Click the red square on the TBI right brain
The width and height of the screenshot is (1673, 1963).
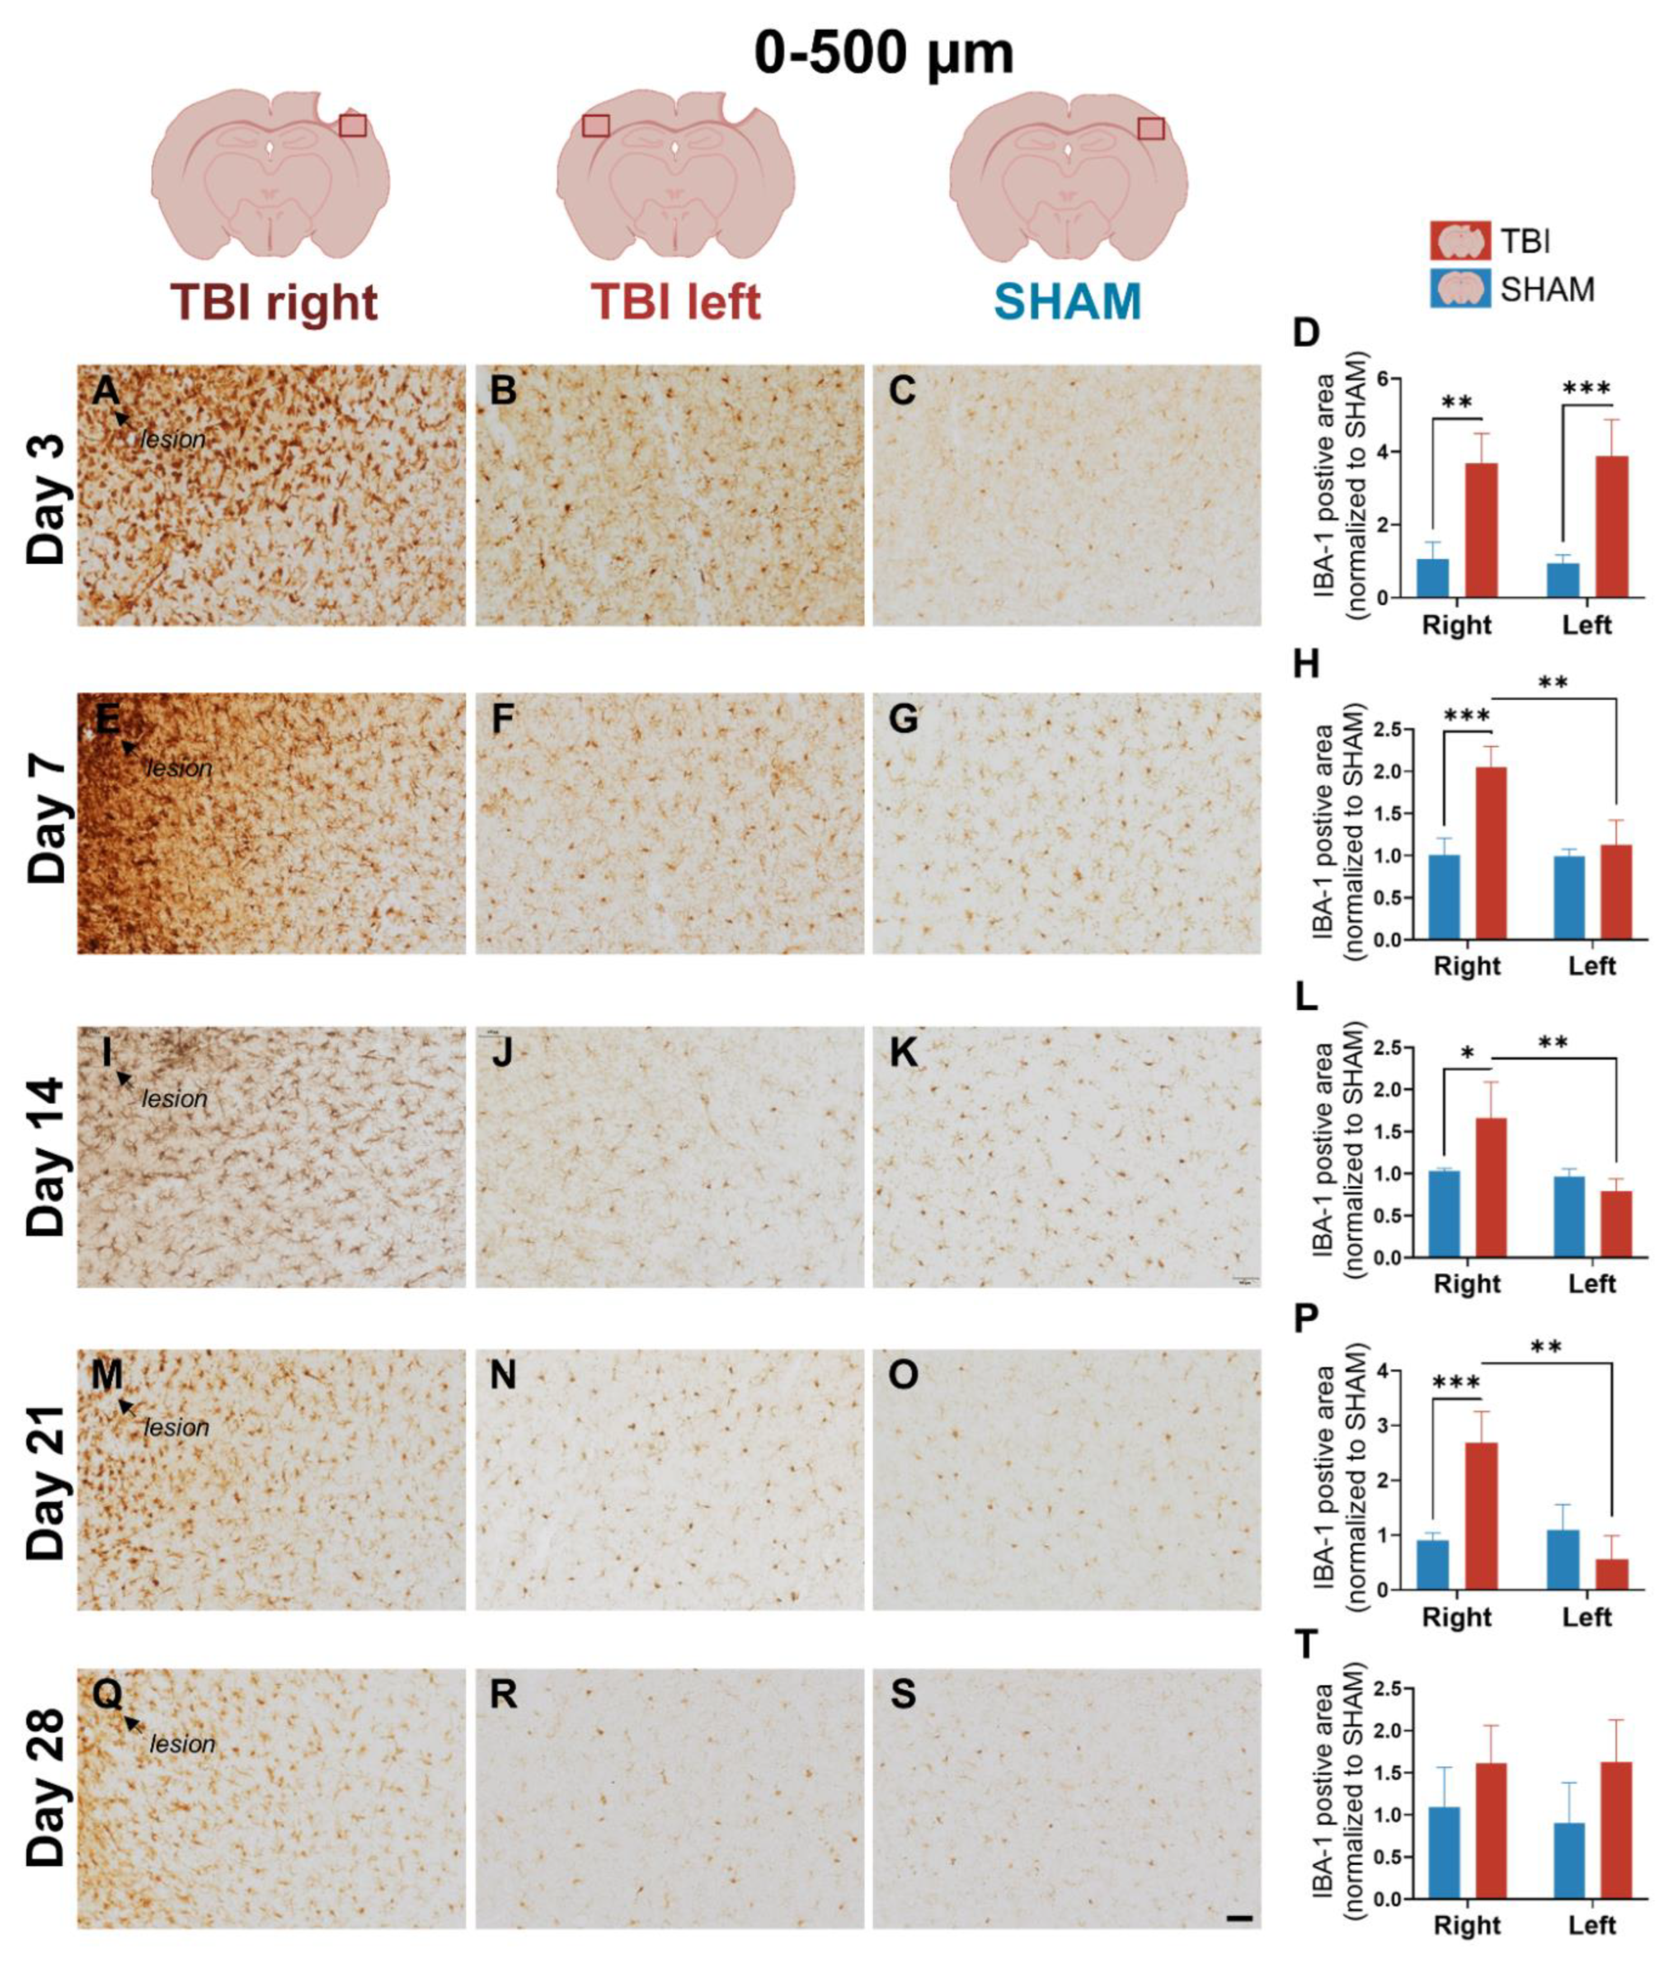tap(352, 125)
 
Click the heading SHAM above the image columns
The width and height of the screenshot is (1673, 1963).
tap(1068, 301)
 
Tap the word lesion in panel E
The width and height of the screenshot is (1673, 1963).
tap(179, 768)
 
